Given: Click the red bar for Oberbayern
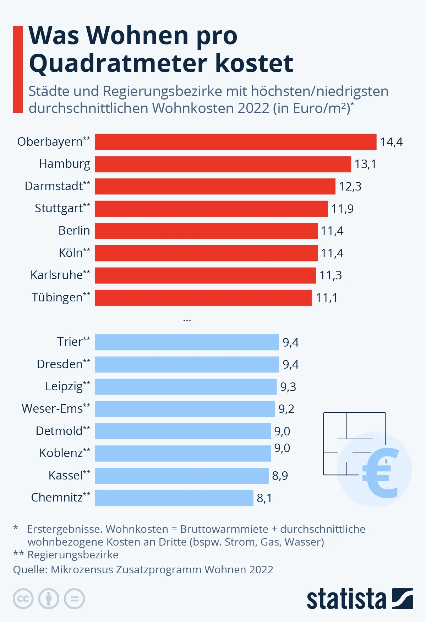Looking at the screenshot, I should tap(235, 142).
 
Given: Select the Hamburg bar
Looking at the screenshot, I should tap(223, 164).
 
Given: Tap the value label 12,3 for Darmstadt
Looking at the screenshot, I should tap(350, 186).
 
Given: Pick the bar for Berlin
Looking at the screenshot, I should tap(206, 231).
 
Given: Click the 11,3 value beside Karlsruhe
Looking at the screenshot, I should tap(331, 275).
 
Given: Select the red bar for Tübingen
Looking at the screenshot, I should tap(203, 297).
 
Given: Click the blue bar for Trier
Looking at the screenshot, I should tap(186, 342).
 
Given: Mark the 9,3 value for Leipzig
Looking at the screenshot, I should tap(288, 387).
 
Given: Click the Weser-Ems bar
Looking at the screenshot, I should tap(185, 409).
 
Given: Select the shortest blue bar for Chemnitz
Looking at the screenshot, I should tap(174, 498).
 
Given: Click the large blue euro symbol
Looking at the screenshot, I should tap(381, 473).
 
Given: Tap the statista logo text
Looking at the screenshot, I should tap(346, 599).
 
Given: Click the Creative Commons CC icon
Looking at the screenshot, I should tap(23, 599).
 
